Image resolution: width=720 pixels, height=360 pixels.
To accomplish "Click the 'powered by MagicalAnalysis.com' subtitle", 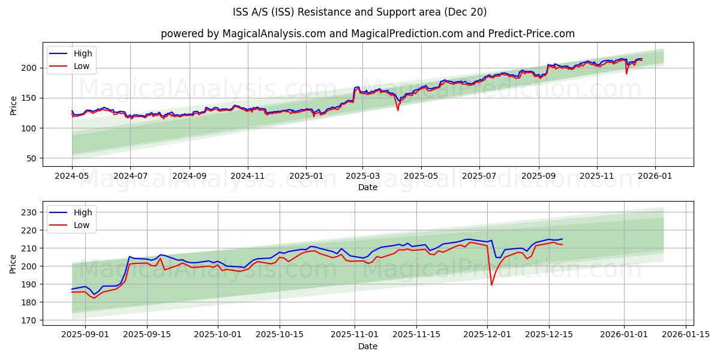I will point(367,34).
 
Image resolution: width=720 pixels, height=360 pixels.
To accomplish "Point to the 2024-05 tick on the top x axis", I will point(72,177).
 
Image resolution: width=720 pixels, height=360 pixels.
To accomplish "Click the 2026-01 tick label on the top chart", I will point(655,177).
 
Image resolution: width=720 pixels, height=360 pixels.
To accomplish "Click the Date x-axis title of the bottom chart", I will point(367,346).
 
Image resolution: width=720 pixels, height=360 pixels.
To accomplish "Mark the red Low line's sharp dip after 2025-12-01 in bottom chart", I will point(491,284).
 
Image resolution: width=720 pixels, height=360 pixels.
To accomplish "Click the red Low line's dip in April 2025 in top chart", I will point(398,110).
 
